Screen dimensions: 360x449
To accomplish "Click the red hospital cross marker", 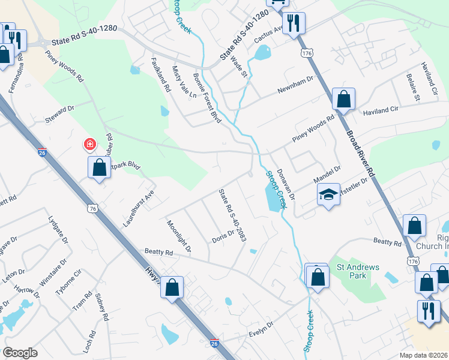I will coord(89,145).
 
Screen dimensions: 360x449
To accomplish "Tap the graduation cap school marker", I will coord(328,194).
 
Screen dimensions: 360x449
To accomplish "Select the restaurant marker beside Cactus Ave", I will coord(294,23).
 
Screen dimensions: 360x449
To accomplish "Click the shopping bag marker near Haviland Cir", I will coord(343,100).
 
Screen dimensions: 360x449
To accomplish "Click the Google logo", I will coord(20,352).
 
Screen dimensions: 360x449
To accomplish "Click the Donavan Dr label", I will coord(286,184).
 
